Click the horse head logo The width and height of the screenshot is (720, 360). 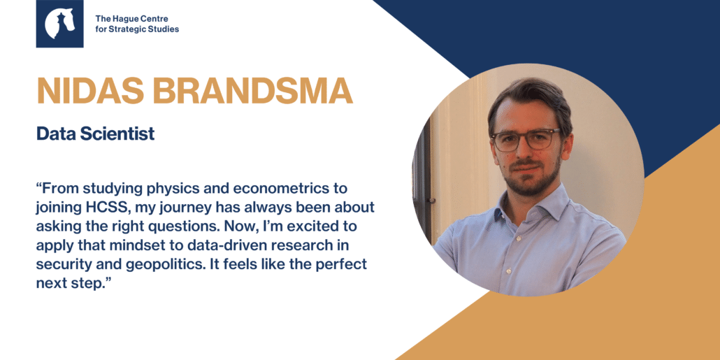[59, 24]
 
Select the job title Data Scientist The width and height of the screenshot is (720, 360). [96, 134]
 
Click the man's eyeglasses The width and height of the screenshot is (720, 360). [525, 139]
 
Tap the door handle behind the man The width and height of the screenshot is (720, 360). [431, 201]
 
